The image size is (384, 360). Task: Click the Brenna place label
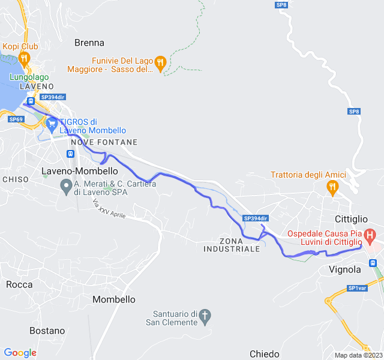[89, 43]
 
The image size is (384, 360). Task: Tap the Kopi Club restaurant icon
[24, 58]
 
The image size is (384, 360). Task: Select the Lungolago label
[29, 77]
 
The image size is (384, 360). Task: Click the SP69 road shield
[16, 119]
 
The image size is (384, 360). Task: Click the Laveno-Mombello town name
[79, 171]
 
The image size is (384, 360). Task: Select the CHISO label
[16, 179]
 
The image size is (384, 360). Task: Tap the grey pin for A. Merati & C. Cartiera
[67, 188]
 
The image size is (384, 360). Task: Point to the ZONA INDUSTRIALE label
[231, 245]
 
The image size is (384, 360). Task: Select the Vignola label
[345, 269]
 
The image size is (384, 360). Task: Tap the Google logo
[20, 353]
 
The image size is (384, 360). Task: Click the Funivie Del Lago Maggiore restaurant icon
[160, 62]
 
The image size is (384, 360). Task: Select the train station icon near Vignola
[373, 262]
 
